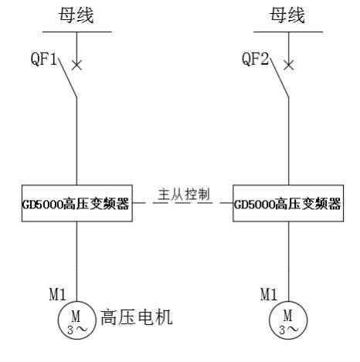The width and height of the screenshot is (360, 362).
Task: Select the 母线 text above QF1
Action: coord(76,15)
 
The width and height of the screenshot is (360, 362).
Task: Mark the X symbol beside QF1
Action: coord(76,65)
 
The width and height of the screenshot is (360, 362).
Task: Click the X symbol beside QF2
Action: coord(288,65)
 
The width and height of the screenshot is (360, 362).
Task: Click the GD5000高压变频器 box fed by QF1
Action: coord(76,205)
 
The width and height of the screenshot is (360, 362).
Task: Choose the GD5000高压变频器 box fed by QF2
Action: coord(287,205)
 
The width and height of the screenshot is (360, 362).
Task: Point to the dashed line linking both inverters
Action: coord(182,205)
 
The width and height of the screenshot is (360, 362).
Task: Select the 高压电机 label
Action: coord(135,316)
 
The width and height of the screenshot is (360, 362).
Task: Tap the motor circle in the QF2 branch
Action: coord(288,319)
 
